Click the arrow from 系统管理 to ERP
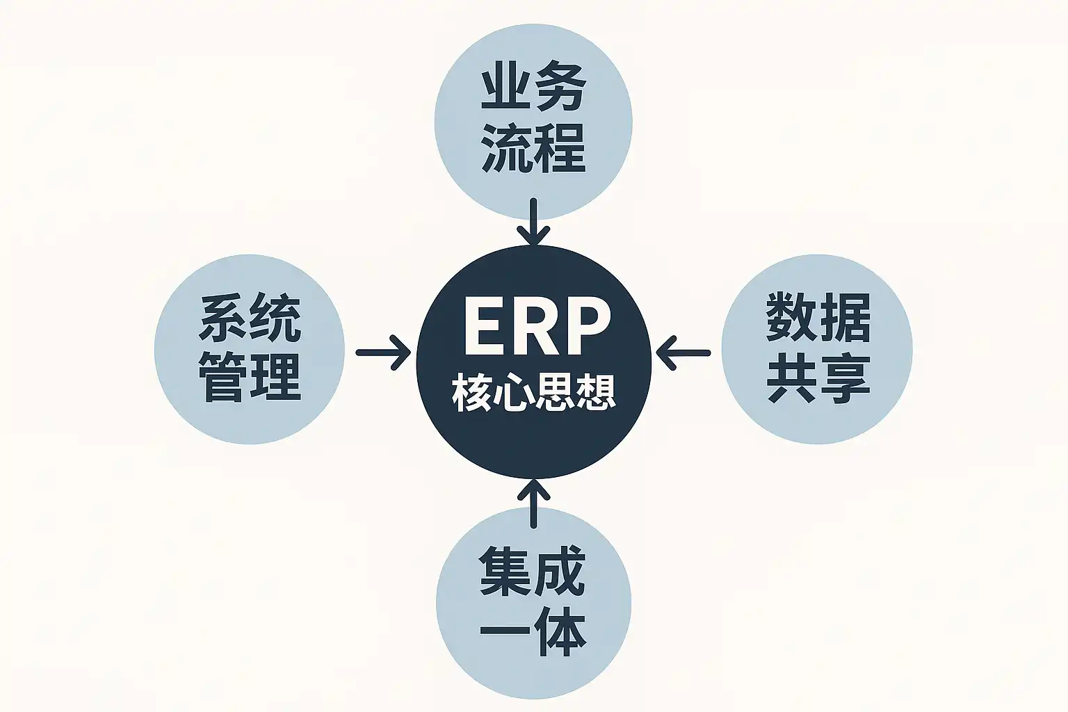click(383, 353)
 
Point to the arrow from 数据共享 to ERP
click(683, 353)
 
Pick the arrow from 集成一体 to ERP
click(533, 502)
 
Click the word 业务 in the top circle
click(533, 91)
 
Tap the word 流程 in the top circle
click(533, 148)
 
